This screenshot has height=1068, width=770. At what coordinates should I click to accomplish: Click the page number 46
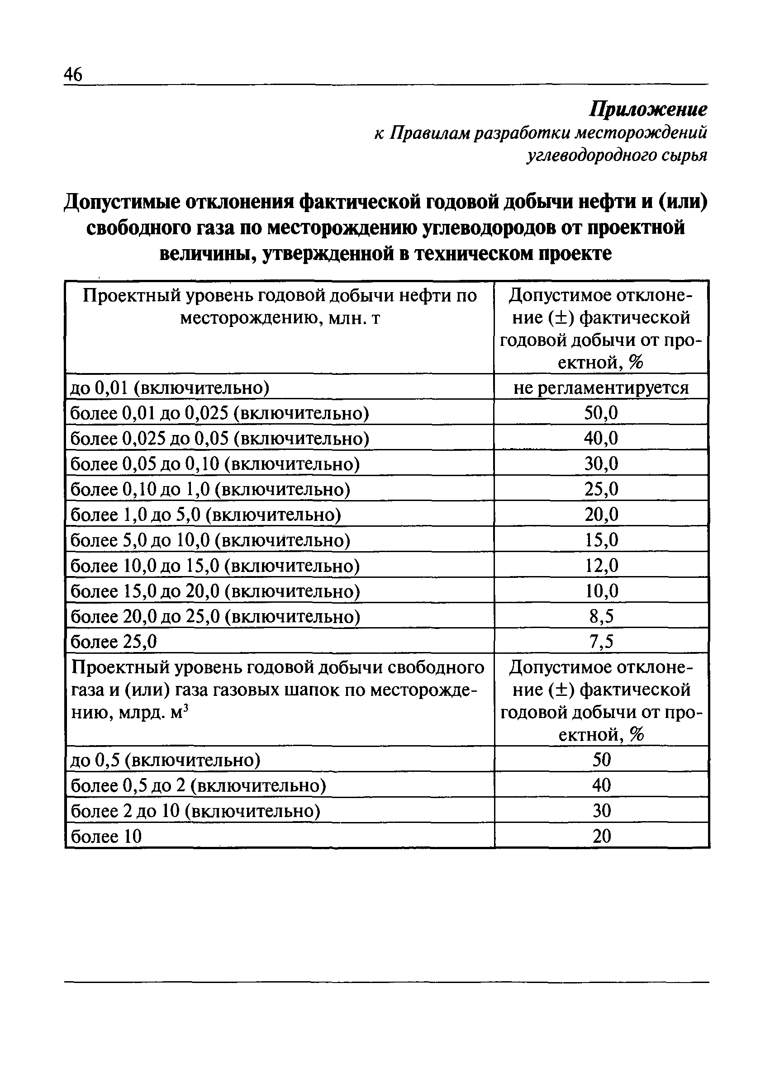73,74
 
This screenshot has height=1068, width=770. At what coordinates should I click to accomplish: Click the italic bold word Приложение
648,110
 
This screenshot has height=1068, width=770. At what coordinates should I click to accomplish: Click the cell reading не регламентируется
601,388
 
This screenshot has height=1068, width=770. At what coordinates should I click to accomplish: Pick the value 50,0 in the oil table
601,413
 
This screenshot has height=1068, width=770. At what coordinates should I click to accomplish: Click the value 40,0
601,439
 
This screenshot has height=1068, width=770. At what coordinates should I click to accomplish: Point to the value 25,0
601,489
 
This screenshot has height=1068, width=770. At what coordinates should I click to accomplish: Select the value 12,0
601,565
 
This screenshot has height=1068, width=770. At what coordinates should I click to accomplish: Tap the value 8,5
601,616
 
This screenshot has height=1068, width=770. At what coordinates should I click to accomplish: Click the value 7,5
601,641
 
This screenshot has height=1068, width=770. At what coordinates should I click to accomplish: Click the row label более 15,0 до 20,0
214,591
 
